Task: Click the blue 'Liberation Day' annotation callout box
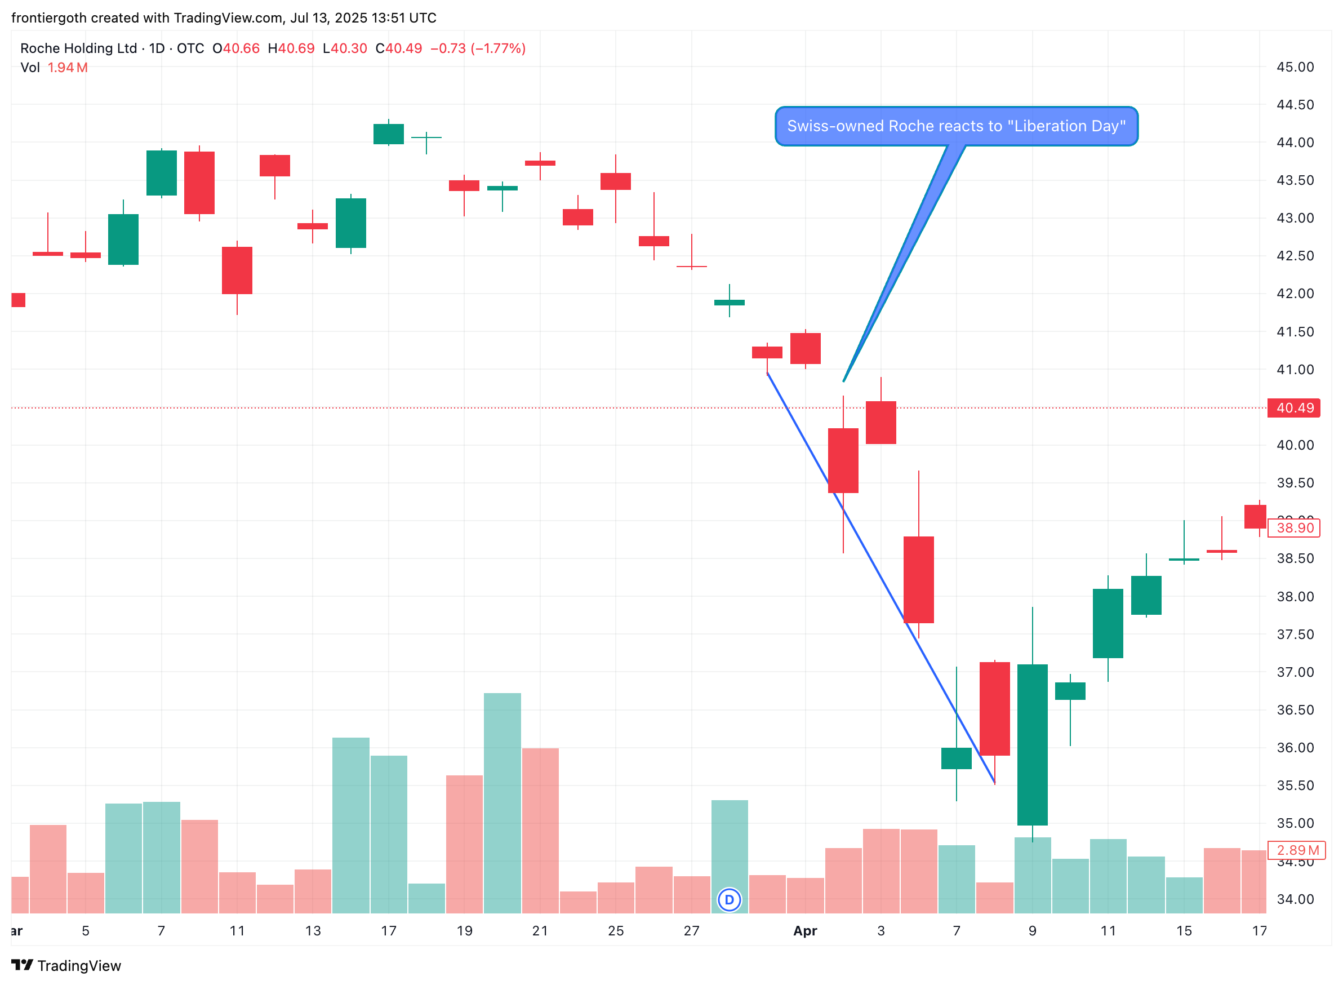[x=955, y=126]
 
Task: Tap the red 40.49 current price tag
[x=1293, y=408]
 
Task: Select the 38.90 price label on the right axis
[x=1293, y=527]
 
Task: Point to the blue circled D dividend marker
[x=729, y=900]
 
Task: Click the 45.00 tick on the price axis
[x=1295, y=67]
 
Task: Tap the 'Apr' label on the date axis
[x=804, y=931]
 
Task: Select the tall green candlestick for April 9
[x=1033, y=744]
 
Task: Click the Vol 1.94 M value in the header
[x=68, y=68]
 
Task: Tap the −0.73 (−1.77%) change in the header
[x=478, y=48]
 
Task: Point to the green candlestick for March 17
[x=389, y=134]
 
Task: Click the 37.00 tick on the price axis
[x=1295, y=672]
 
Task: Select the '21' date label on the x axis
[x=540, y=931]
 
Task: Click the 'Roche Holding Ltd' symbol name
[x=78, y=48]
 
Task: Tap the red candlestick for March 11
[x=237, y=270]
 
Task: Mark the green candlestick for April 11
[x=1108, y=623]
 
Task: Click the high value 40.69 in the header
[x=296, y=48]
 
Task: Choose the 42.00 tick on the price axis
[x=1295, y=294]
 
